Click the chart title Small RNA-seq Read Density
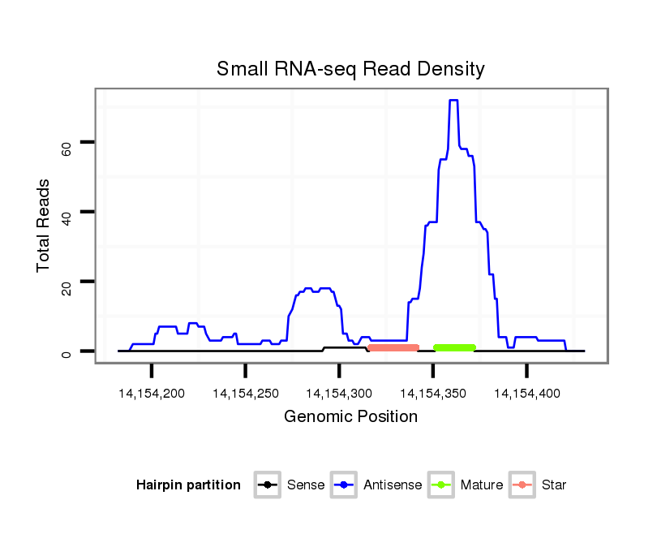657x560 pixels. pos(350,69)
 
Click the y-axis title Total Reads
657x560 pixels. pos(45,225)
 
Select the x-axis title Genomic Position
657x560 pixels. pos(350,417)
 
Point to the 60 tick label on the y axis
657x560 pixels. pos(67,146)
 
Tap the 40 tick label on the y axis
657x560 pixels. pos(67,214)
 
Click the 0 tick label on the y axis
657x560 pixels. pos(67,352)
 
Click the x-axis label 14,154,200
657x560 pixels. pos(152,394)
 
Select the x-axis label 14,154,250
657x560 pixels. pos(245,394)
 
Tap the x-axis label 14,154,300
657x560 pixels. pos(339,394)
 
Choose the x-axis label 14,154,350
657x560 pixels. pos(432,394)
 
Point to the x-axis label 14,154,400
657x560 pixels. pos(526,394)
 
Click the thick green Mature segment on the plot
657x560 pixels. pos(454,347)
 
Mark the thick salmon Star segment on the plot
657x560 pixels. pos(393,347)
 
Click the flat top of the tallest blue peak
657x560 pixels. pos(453,101)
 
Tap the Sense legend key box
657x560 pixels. pos(267,485)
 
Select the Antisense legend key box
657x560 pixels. pos(344,485)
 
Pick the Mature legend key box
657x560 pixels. pos(441,485)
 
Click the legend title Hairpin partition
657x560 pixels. pos(188,485)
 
